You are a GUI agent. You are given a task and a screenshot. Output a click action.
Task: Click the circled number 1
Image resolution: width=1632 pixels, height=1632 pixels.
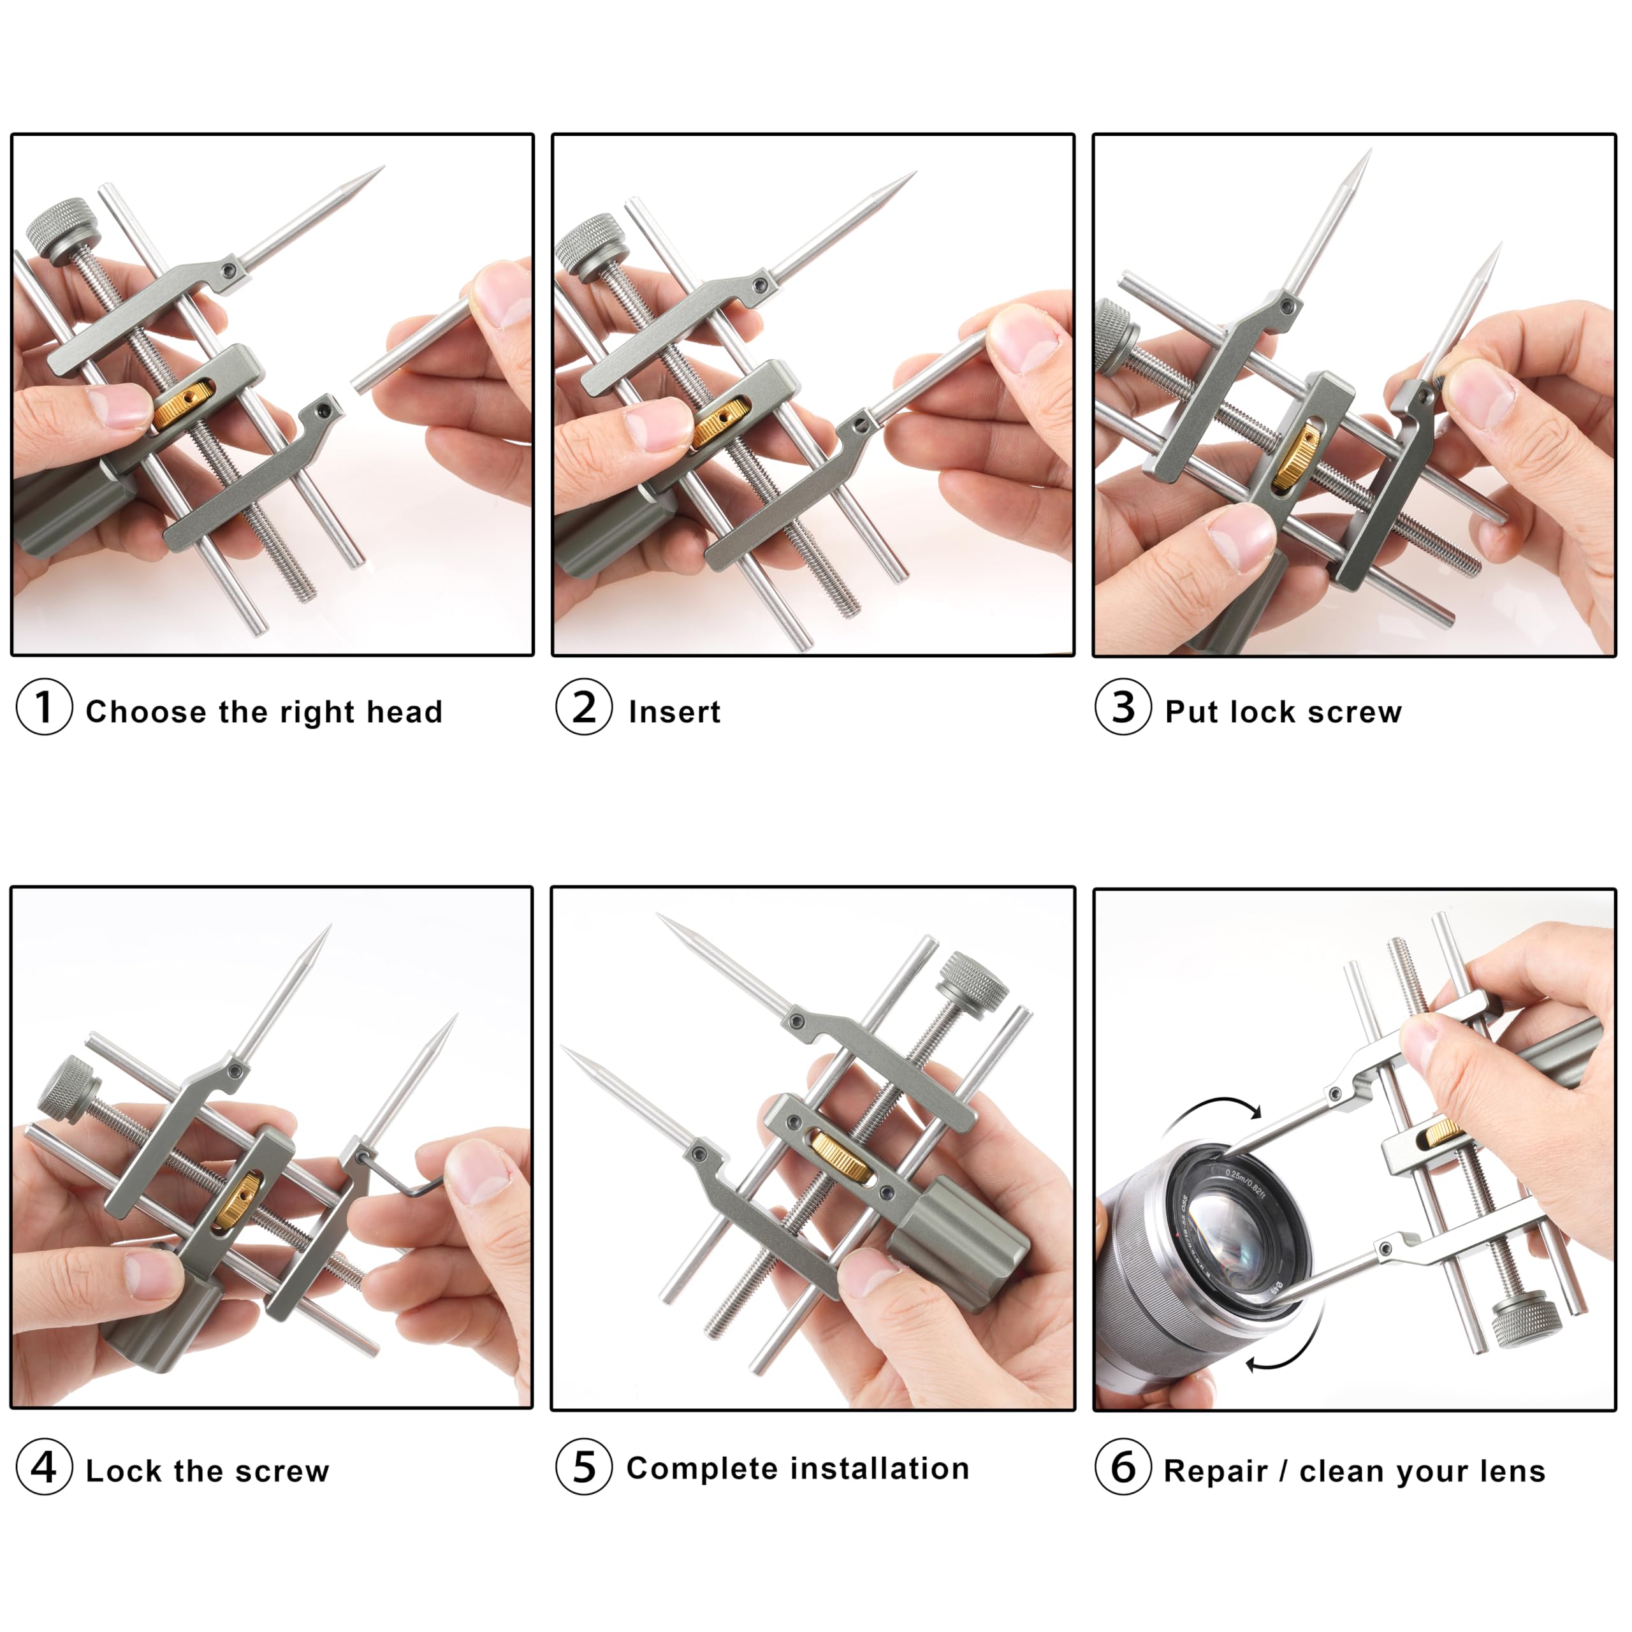point(44,706)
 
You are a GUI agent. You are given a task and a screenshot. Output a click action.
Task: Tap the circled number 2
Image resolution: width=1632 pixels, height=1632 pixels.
point(584,706)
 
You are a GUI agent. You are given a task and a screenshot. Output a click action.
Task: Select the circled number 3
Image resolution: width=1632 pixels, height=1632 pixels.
point(1123,706)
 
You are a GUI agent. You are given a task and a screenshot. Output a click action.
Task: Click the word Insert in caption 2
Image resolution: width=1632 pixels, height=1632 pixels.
point(674,712)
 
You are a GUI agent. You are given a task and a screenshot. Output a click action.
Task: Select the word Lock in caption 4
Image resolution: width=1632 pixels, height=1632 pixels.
point(122,1471)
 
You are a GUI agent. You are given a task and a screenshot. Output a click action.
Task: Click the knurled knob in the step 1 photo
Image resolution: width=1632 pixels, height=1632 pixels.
point(59,227)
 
